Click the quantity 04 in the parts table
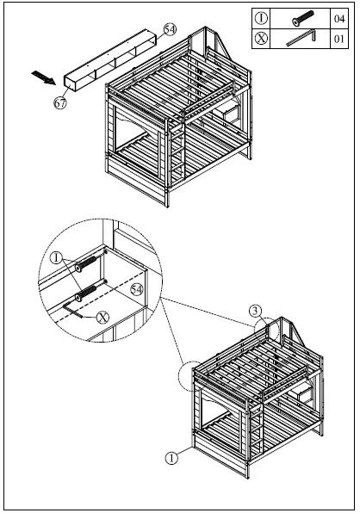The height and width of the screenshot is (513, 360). [338, 17]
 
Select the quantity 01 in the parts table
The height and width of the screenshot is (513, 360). [338, 39]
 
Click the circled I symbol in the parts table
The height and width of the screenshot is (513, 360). [262, 17]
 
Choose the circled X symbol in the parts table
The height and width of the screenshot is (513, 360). [262, 39]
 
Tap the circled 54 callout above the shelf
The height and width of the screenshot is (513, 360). [170, 29]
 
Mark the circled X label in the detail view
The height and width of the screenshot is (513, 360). [103, 317]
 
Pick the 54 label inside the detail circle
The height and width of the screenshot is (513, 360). [136, 288]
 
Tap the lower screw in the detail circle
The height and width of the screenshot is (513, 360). [87, 295]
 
